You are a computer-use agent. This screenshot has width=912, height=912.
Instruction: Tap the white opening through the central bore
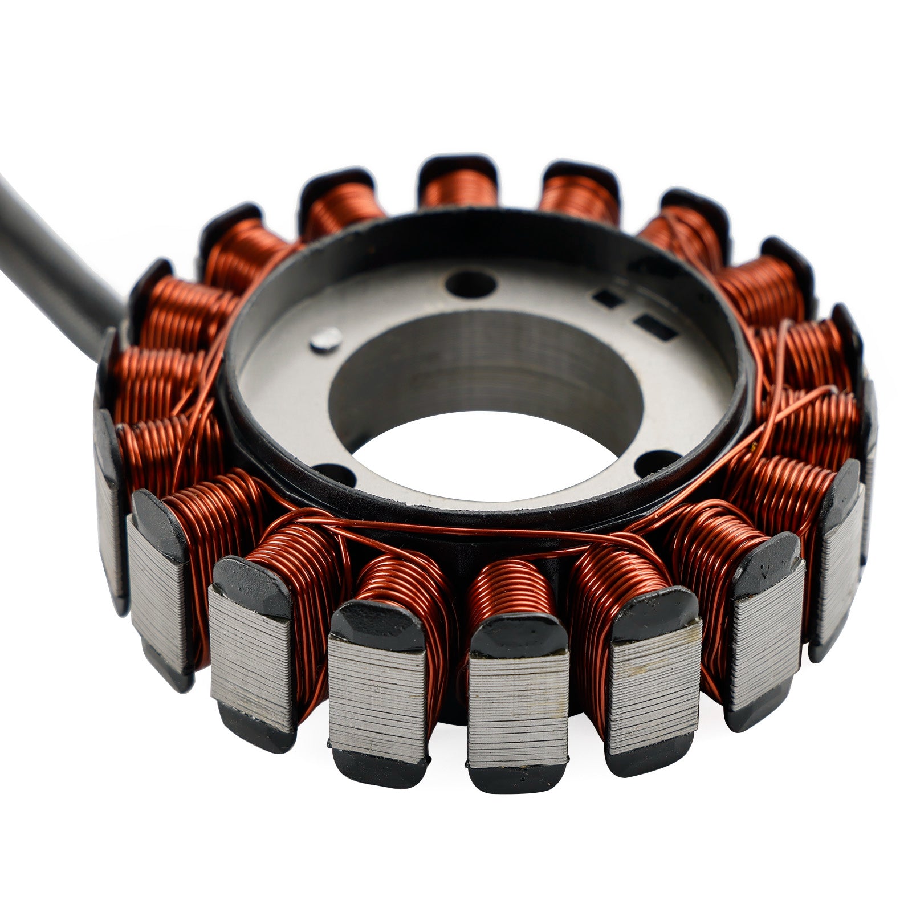point(490,456)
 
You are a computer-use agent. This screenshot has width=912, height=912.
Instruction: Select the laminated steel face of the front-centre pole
point(518,712)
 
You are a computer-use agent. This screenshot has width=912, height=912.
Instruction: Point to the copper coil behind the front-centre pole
point(510,587)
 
